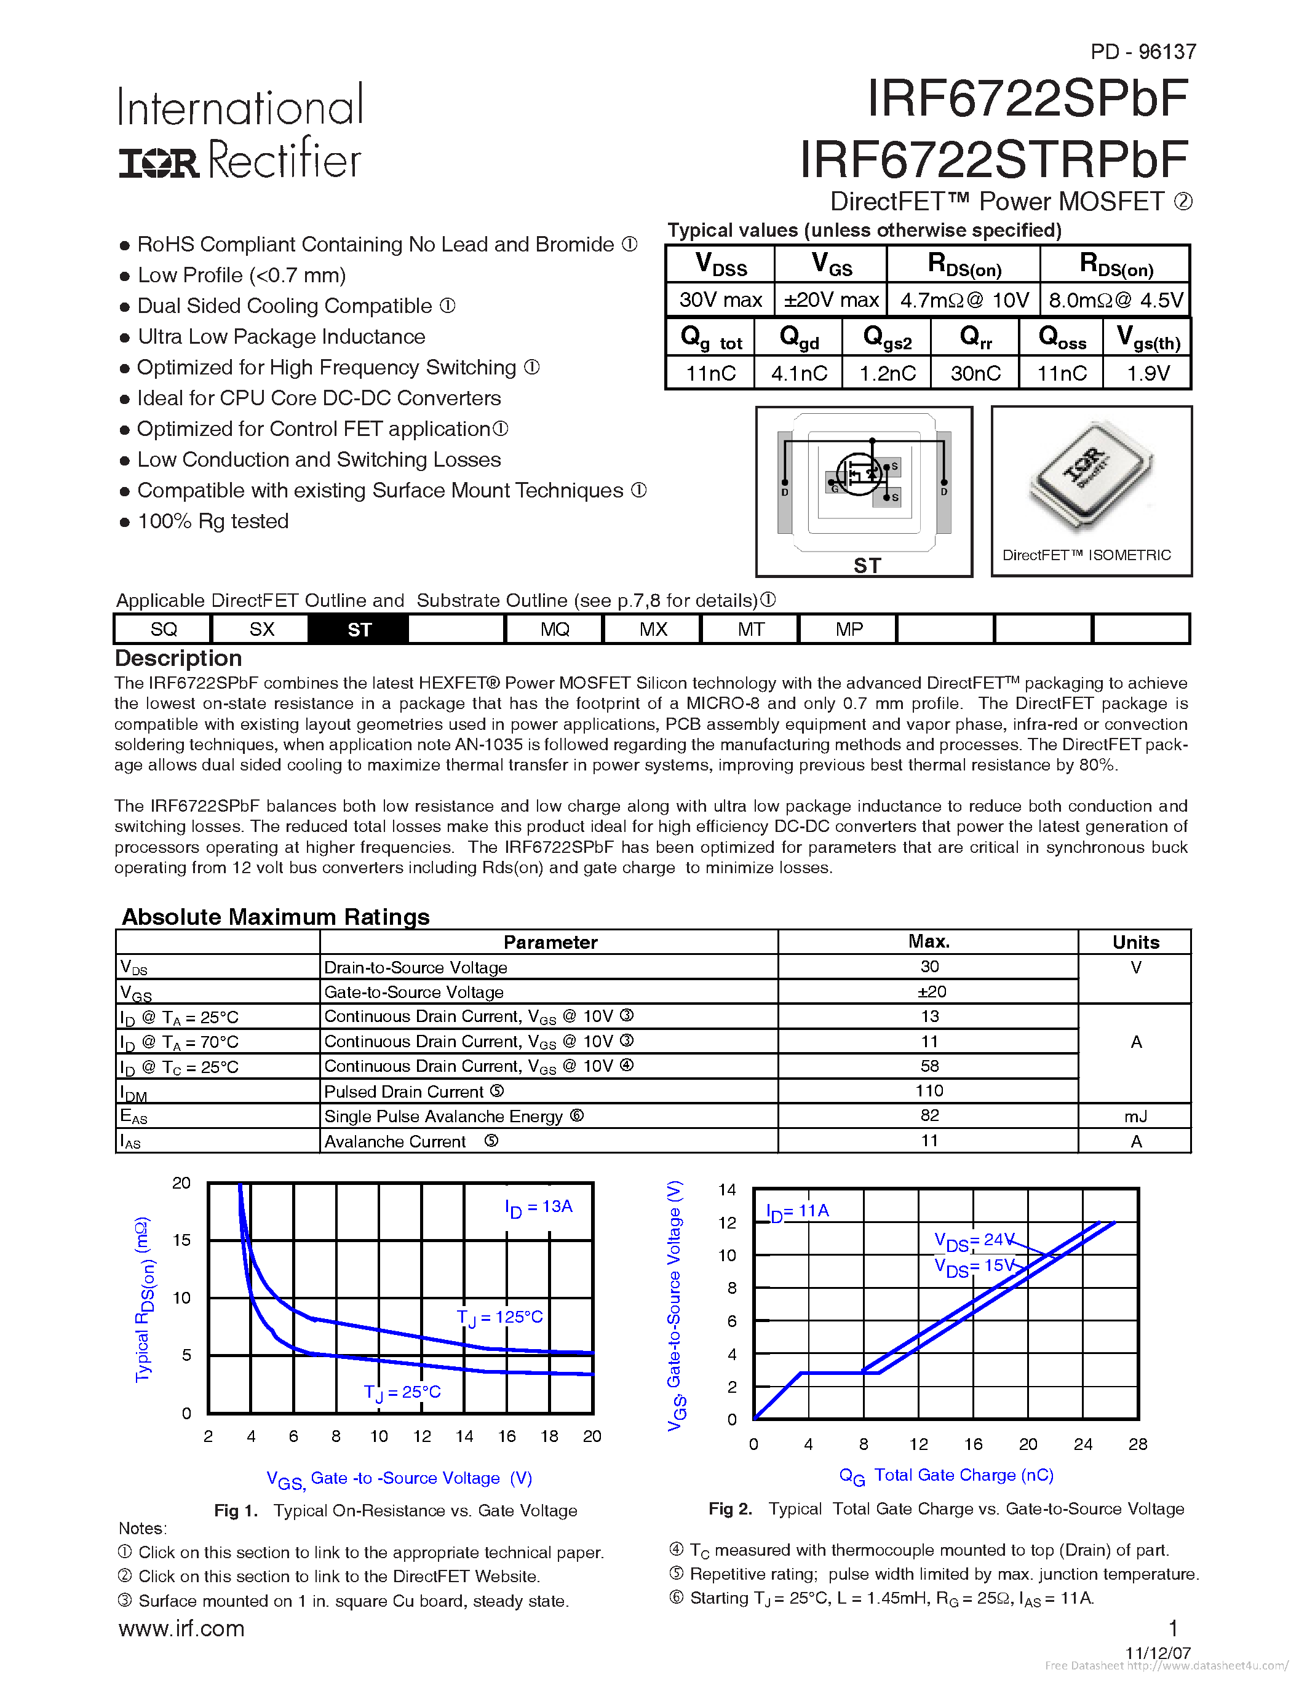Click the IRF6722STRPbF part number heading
point(993,159)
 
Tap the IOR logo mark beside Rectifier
point(159,162)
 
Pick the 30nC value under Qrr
point(975,373)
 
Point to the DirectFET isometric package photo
point(1090,477)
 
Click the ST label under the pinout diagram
point(867,565)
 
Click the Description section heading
point(178,658)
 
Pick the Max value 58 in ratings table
point(929,1066)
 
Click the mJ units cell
point(1135,1115)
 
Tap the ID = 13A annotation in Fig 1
point(538,1207)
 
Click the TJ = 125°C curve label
point(499,1317)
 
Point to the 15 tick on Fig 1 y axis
point(181,1240)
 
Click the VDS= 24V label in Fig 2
point(973,1241)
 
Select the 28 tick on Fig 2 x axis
point(1137,1444)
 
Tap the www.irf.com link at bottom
point(181,1629)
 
